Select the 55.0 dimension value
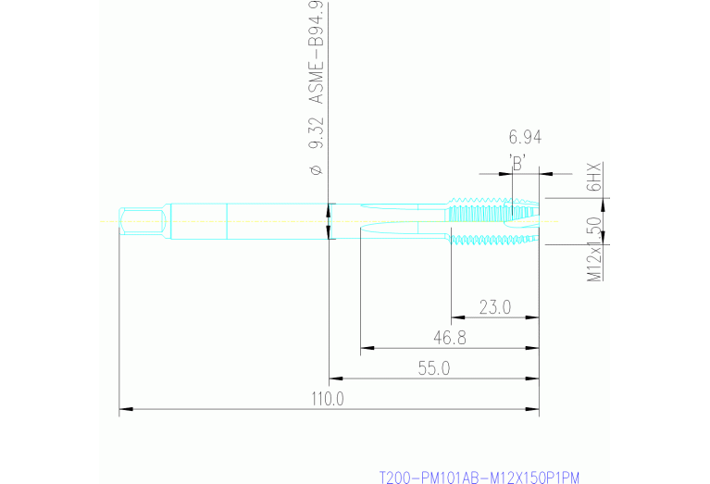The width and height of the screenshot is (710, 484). click(x=433, y=368)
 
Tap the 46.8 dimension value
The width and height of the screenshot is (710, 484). click(x=449, y=338)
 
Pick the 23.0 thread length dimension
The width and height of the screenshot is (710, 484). click(x=494, y=307)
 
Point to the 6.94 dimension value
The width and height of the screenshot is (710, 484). click(x=525, y=138)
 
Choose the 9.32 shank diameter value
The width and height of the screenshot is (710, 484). click(x=315, y=133)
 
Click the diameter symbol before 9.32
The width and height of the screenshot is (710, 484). click(x=315, y=169)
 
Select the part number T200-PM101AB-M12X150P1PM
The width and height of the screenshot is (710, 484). click(x=479, y=478)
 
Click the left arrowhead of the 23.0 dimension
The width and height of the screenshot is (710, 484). click(x=456, y=317)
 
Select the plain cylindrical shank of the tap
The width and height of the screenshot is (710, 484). click(x=250, y=221)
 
